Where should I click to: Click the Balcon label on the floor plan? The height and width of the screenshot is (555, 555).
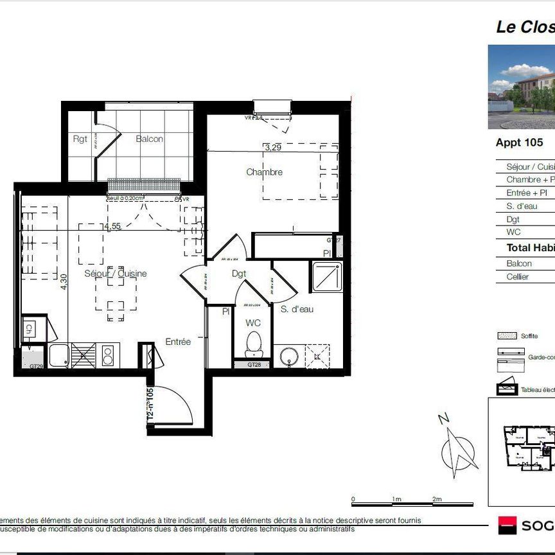coord(149,139)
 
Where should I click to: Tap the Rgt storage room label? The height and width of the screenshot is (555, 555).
coord(80,139)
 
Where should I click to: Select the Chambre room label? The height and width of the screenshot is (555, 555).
coord(264,172)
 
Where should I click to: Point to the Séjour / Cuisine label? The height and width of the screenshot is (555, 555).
coord(116,274)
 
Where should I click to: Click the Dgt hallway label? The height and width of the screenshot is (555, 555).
coord(240,274)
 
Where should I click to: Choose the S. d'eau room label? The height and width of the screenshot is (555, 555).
coord(297,309)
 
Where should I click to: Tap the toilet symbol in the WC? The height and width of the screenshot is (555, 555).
coord(254,344)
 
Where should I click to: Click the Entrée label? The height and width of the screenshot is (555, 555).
coord(178,342)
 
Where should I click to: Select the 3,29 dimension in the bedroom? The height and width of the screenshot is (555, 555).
coord(273,147)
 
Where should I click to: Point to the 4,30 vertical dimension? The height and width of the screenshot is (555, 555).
coord(63,283)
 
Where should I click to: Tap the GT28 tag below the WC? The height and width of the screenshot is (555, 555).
coord(255,365)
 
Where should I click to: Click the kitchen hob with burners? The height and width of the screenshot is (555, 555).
coord(107,355)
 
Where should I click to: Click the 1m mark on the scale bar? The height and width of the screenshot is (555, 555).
coord(396,499)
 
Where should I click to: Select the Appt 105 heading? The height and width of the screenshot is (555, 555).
coord(519,143)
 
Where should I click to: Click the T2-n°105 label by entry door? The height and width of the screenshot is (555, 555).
coord(150,403)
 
